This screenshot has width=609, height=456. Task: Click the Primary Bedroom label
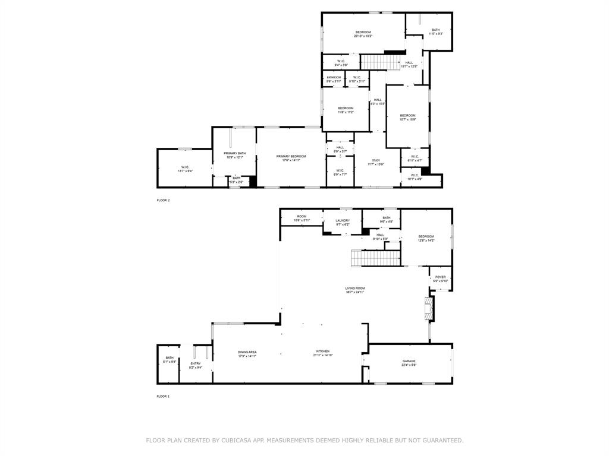pos(291,156)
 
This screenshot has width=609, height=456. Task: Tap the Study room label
pos(376,160)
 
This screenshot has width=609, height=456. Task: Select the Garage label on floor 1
pos(409,361)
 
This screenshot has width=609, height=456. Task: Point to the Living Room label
pos(355,288)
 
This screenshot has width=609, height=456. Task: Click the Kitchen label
pos(322,352)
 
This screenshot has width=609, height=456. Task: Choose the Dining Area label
pos(247,352)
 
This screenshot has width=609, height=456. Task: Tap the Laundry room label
pos(343,220)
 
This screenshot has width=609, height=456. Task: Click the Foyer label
pos(440,277)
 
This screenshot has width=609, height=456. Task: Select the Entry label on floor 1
pos(196,363)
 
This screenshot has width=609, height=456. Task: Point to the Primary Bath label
pos(234,153)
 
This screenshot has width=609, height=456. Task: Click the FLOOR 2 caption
pos(163,200)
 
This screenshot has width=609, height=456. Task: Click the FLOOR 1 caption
pos(163,396)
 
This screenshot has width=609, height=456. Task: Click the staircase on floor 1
pos(376,258)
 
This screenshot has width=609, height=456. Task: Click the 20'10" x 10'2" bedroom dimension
pos(363,36)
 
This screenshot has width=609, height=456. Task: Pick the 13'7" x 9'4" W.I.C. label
pos(186,171)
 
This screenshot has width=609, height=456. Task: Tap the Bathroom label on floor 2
pos(334,77)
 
